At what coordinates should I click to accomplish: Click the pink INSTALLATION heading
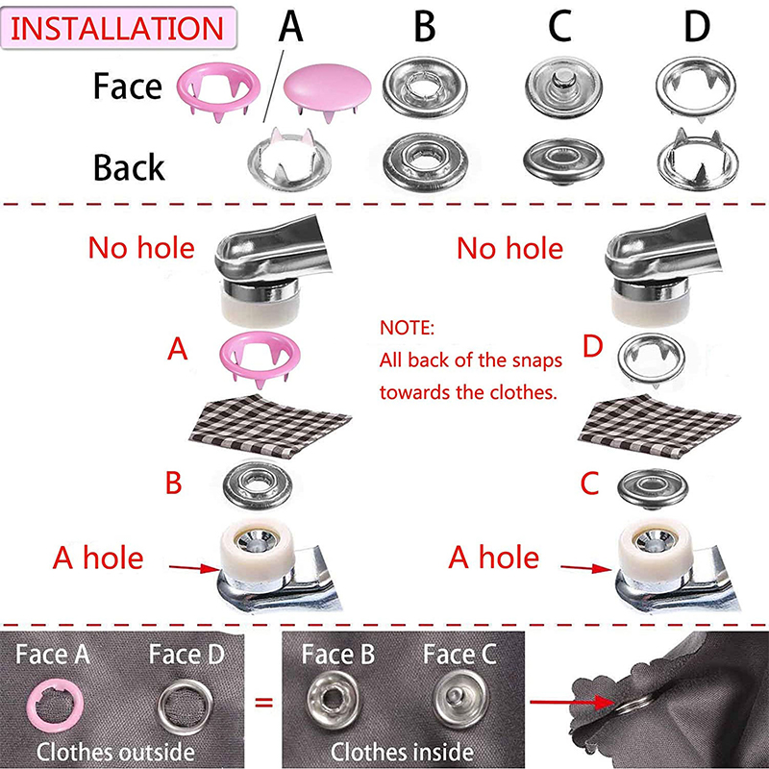[117, 29]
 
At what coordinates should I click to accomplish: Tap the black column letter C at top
[559, 26]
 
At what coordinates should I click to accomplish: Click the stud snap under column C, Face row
[563, 87]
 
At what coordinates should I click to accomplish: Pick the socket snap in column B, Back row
[425, 161]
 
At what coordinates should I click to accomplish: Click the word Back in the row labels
[129, 167]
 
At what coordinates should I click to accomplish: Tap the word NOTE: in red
[407, 328]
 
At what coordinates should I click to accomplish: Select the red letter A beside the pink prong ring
[177, 349]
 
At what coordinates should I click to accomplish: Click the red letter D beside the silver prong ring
[592, 347]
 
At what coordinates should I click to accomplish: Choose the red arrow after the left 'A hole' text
[194, 568]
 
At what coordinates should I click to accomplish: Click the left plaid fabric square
[271, 425]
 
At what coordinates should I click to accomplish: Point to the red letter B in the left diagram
[174, 483]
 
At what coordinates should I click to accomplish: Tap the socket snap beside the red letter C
[653, 487]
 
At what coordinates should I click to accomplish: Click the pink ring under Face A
[56, 705]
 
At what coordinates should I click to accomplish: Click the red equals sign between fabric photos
[263, 703]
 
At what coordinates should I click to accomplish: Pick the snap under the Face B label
[333, 700]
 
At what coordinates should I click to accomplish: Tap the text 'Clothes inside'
[402, 752]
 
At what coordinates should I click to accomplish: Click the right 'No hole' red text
[509, 248]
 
